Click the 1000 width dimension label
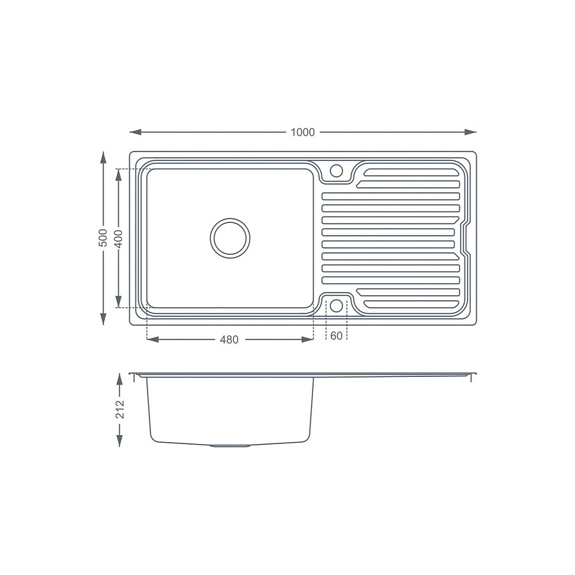303,132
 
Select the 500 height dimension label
103,238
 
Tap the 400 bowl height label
118,238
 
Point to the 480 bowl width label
229,340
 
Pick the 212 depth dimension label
119,410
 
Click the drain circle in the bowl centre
230,238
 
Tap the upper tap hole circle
336,171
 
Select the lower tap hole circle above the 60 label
336,305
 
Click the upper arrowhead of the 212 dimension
119,379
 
